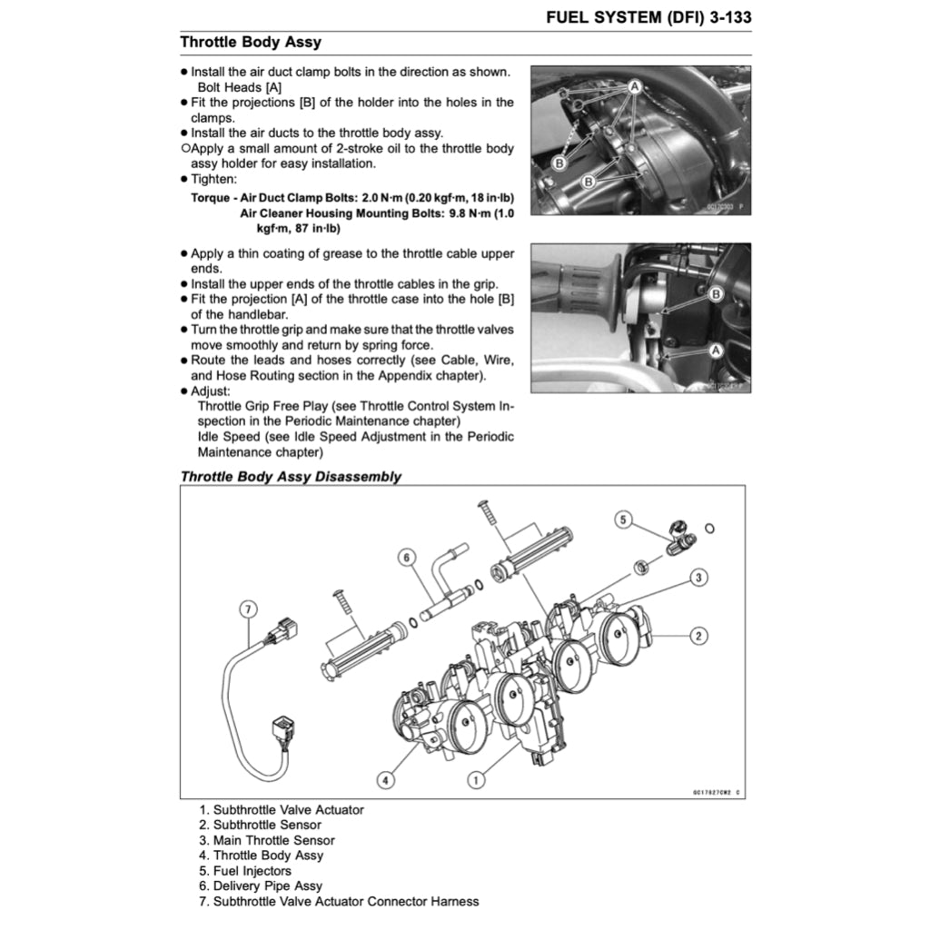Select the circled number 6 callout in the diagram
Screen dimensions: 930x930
(x=407, y=556)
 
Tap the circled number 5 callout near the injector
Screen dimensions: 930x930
(x=623, y=519)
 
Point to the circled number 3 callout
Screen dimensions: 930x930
(x=697, y=577)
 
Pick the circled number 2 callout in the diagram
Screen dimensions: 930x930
(x=697, y=636)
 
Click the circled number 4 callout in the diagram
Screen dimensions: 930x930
(x=386, y=779)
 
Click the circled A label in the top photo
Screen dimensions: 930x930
(x=635, y=85)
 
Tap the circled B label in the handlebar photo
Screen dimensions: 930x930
(x=716, y=293)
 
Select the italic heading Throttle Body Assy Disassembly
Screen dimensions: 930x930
(x=291, y=477)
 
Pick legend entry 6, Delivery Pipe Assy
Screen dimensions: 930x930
(x=261, y=885)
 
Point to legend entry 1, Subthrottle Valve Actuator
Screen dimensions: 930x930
(x=282, y=809)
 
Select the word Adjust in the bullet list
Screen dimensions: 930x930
(x=211, y=391)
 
